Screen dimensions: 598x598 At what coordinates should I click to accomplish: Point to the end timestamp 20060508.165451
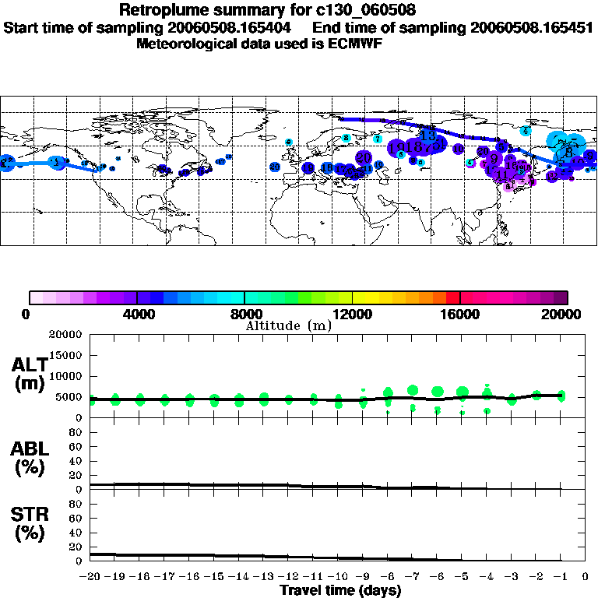pyautogui.click(x=531, y=27)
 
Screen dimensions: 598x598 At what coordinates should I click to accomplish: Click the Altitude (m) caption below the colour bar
pyautogui.click(x=288, y=325)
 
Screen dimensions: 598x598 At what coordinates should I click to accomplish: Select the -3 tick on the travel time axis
pyautogui.click(x=511, y=577)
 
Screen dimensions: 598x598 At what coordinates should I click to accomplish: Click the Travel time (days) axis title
pyautogui.click(x=340, y=591)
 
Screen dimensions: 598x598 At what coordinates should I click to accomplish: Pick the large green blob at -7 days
pyautogui.click(x=413, y=390)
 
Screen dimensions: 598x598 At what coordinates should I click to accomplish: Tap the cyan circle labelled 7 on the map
pyautogui.click(x=377, y=139)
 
